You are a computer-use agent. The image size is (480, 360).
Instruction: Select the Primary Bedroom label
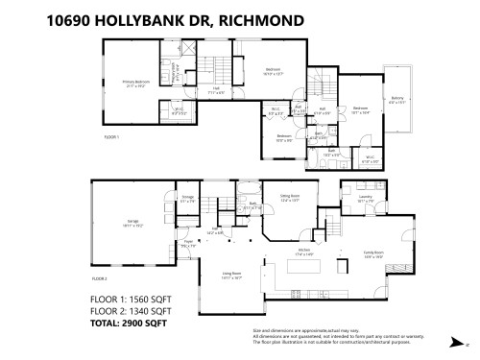tap(134, 84)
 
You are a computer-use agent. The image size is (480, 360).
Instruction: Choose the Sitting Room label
tap(291, 198)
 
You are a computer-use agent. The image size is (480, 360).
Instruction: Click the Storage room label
tap(187, 199)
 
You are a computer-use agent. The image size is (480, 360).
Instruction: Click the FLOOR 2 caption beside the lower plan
tap(100, 278)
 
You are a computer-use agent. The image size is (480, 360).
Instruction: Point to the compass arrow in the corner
tap(453, 341)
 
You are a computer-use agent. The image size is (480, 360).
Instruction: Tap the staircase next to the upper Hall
tap(215, 68)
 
